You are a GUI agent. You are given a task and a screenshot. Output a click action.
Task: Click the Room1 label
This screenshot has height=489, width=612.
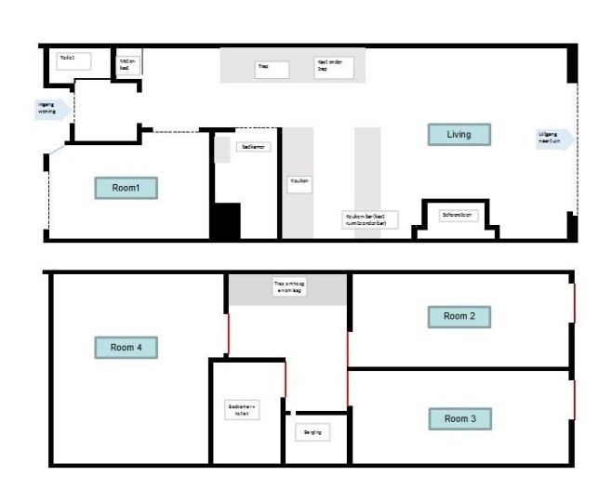pyautogui.click(x=126, y=188)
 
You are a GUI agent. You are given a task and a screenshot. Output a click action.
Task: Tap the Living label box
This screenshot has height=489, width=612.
pyautogui.click(x=459, y=135)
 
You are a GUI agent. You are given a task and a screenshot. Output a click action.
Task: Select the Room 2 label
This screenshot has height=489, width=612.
pyautogui.click(x=459, y=317)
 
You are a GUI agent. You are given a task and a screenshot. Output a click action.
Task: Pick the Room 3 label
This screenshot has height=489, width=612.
pyautogui.click(x=459, y=419)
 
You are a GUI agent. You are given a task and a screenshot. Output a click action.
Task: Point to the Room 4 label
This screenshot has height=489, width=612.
pyautogui.click(x=126, y=348)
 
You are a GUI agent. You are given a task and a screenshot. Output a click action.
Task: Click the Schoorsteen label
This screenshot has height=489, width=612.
pyautogui.click(x=457, y=216)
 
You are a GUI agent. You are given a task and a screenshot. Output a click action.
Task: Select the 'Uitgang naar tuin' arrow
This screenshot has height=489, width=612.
pyautogui.click(x=555, y=139)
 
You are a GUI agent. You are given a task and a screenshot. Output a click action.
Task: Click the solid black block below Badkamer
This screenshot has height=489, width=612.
pyautogui.click(x=225, y=222)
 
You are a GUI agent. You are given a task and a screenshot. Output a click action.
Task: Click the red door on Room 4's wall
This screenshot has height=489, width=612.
pyautogui.click(x=228, y=337)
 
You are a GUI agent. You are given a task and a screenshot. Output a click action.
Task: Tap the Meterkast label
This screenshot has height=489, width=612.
pyautogui.click(x=128, y=65)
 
